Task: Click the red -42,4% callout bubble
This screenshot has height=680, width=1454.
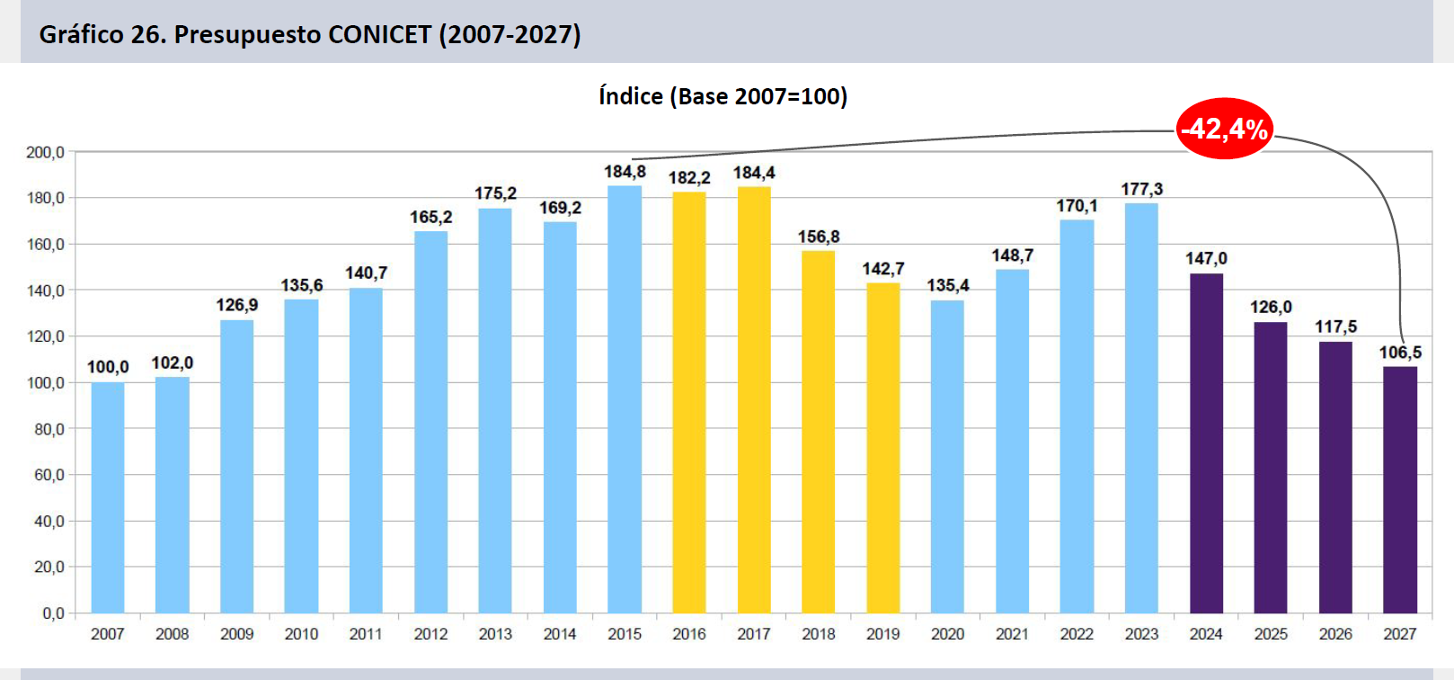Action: click(x=1224, y=129)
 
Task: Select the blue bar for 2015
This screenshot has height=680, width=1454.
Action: click(x=625, y=399)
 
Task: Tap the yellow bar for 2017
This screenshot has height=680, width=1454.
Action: click(x=754, y=400)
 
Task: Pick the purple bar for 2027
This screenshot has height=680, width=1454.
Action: click(x=1400, y=489)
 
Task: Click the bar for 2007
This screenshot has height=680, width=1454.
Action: click(x=108, y=497)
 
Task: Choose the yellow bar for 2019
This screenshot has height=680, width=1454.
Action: click(x=882, y=448)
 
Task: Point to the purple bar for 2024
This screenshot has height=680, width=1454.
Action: click(x=1206, y=443)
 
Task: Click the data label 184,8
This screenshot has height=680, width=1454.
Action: click(x=625, y=172)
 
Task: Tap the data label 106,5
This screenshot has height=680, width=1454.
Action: click(x=1400, y=352)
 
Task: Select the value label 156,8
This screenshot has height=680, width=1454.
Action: click(x=819, y=237)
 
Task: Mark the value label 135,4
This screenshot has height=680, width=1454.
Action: click(x=948, y=285)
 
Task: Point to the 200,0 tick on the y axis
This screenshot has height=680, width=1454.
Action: click(x=46, y=152)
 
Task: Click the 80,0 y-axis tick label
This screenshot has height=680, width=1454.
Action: click(x=49, y=429)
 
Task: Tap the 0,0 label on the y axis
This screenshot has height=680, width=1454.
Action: click(x=53, y=613)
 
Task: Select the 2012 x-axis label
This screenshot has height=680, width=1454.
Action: click(x=430, y=634)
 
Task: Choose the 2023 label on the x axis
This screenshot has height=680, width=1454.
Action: click(x=1141, y=634)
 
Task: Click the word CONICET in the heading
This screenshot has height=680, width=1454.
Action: click(x=380, y=34)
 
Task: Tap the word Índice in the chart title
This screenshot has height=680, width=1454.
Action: click(x=631, y=96)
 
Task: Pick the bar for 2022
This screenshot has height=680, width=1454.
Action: click(x=1077, y=416)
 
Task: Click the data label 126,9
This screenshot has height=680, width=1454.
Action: click(x=237, y=305)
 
